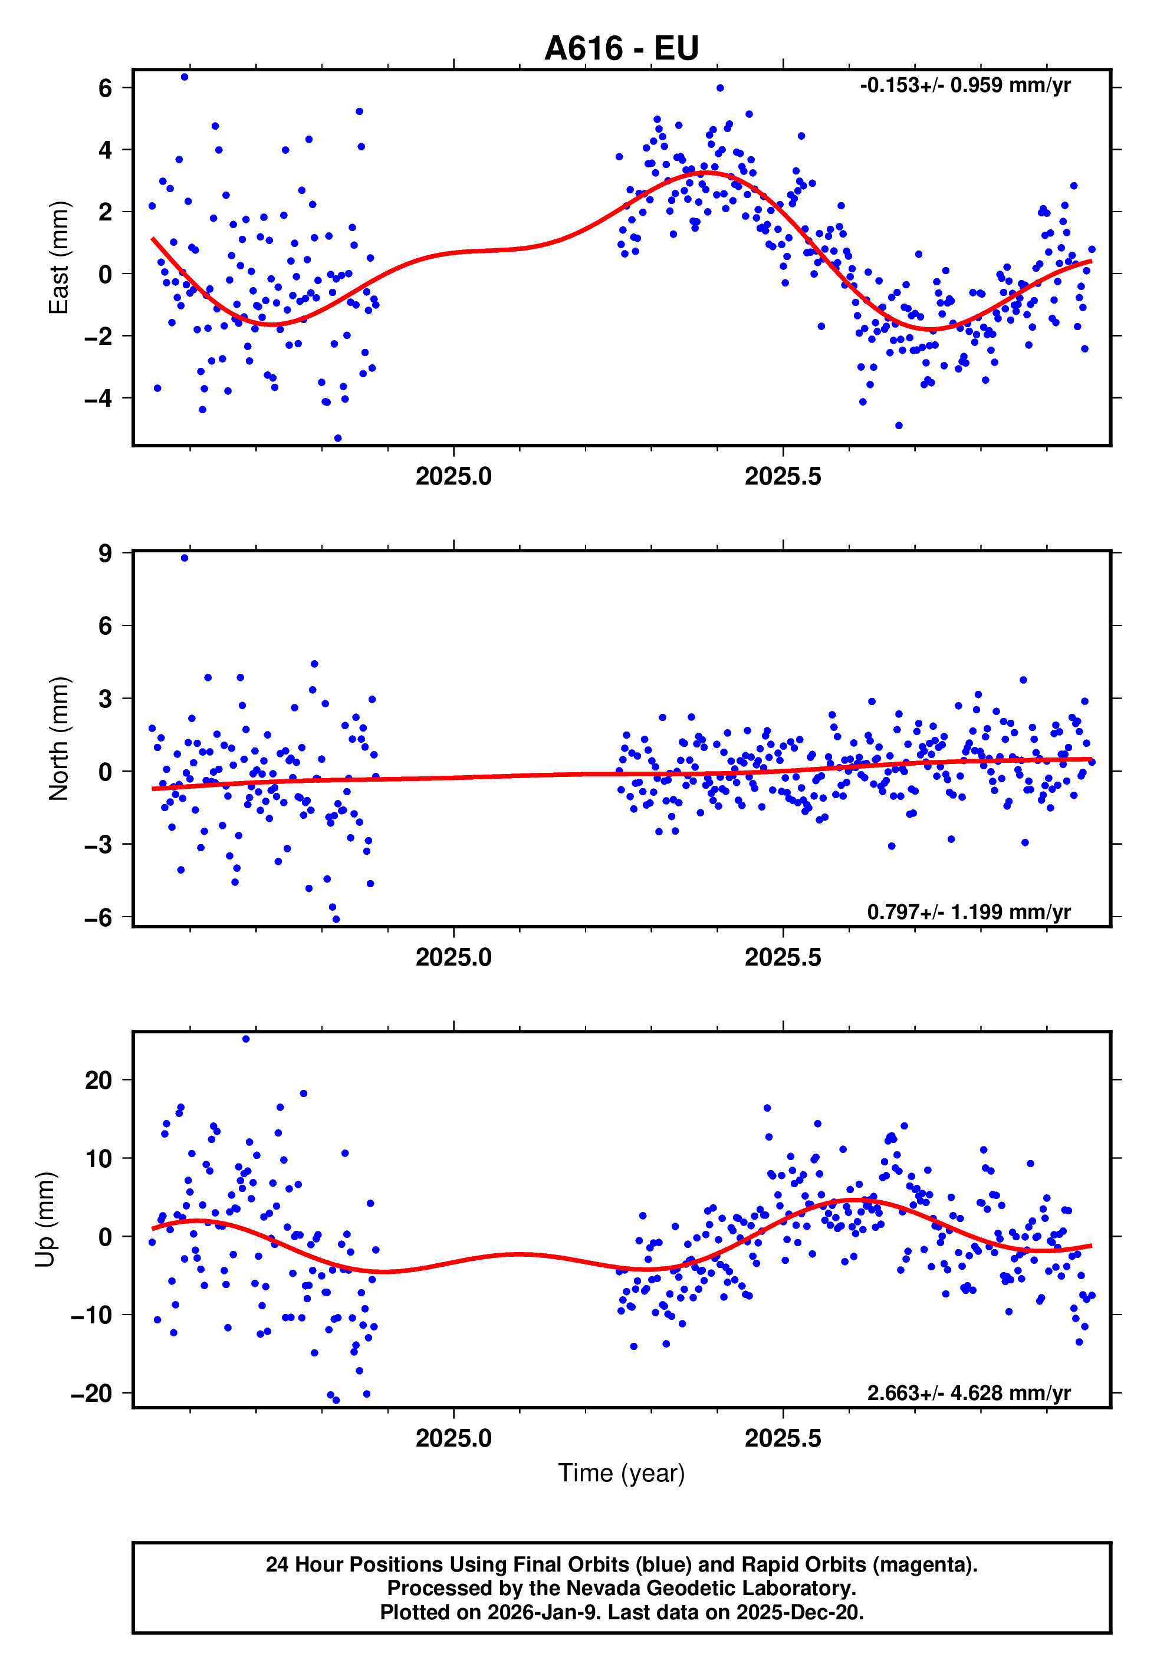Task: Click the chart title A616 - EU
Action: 622,48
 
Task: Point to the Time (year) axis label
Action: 622,1473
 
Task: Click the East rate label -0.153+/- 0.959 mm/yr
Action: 965,85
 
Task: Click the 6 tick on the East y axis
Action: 105,88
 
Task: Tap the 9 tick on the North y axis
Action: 105,554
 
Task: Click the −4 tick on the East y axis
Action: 98,398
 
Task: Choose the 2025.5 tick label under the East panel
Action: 783,477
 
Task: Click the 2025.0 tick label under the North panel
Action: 454,957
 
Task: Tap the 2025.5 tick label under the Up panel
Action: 783,1438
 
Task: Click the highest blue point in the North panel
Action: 185,558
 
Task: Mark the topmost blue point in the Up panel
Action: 246,1039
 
